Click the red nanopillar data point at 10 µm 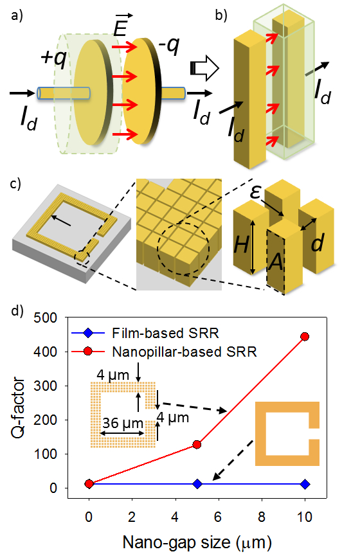305,336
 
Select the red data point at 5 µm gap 197,445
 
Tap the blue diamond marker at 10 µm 305,484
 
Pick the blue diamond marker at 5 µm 197,484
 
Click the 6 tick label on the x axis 218,517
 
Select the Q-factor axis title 18,408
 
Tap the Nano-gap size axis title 197,542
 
